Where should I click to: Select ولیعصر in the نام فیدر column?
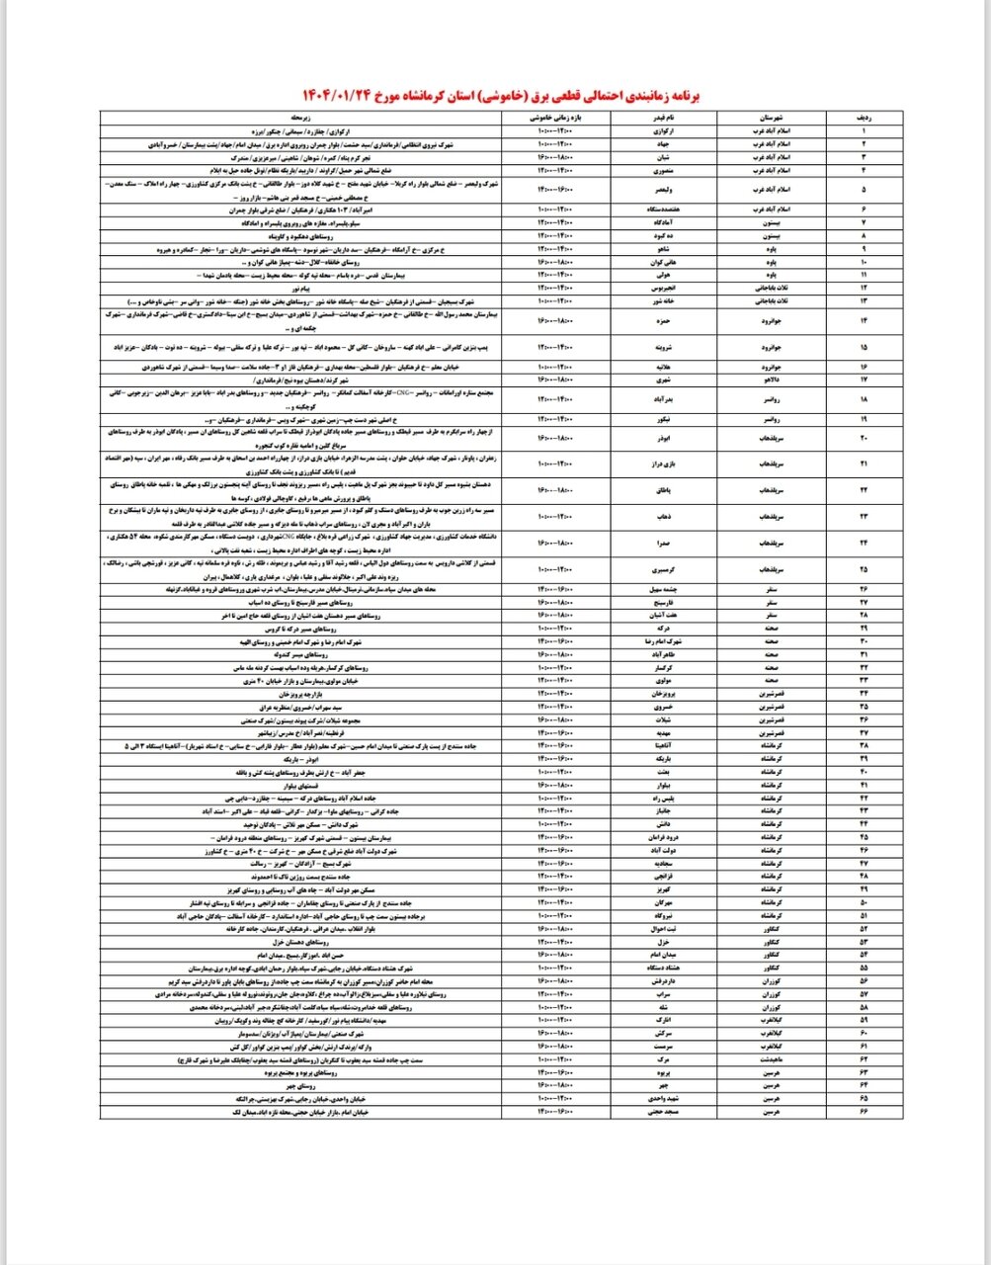(x=661, y=189)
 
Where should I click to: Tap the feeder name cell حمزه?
(x=661, y=320)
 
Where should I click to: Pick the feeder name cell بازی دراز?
(x=661, y=464)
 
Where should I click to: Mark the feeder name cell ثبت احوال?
(x=661, y=929)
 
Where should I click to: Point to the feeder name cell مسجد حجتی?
(x=661, y=1112)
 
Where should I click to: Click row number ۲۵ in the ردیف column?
(x=867, y=570)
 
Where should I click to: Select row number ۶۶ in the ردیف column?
(x=867, y=1112)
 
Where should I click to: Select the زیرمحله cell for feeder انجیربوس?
(x=300, y=288)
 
